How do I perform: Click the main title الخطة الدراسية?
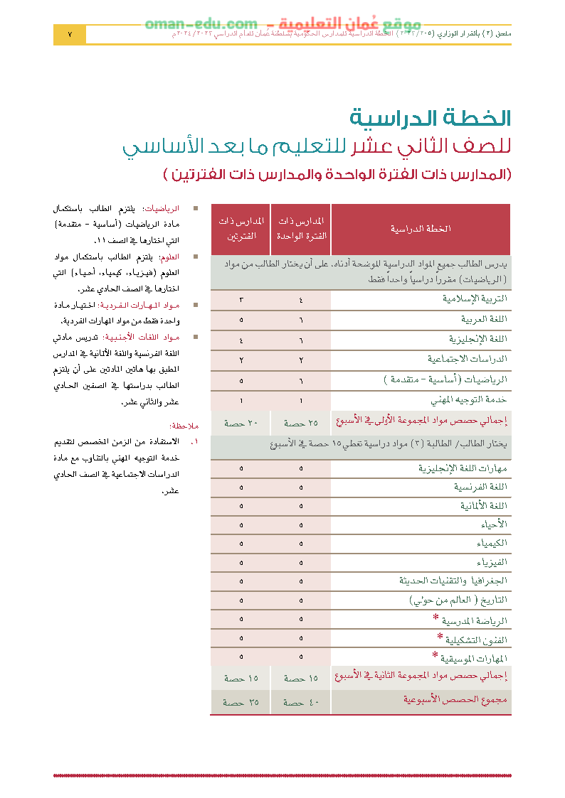pos(431,118)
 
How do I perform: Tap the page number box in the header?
pos(70,34)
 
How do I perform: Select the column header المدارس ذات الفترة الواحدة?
pos(300,229)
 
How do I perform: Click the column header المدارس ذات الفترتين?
pos(241,229)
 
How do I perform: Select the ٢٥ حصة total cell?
pos(300,423)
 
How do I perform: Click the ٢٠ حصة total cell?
pos(241,423)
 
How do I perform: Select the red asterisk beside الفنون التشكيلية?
pos(440,636)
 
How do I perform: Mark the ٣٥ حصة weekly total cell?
pos(241,702)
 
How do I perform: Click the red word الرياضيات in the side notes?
pos(162,209)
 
